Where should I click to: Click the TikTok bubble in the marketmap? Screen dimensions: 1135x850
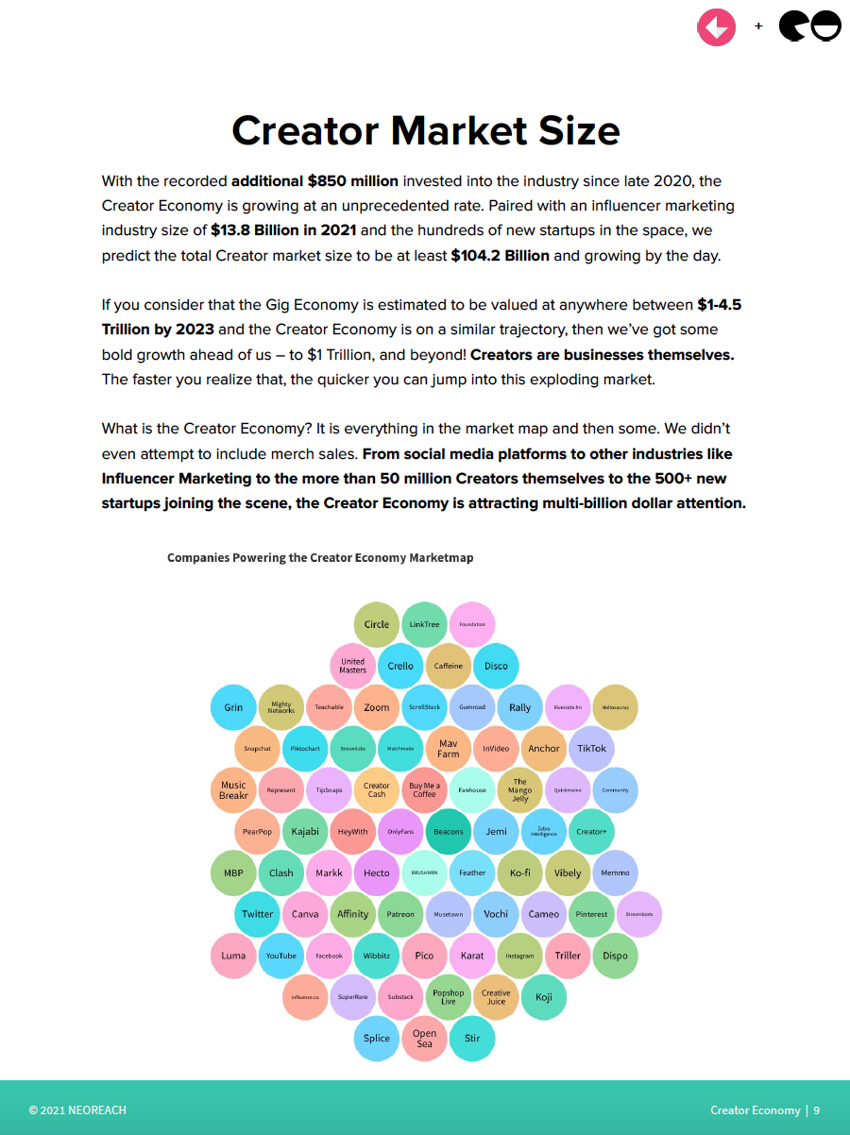pyautogui.click(x=592, y=749)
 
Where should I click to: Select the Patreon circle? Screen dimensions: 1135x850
pyautogui.click(x=400, y=914)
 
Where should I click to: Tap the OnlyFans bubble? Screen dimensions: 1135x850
pyautogui.click(x=400, y=832)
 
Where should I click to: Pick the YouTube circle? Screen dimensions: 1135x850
pyautogui.click(x=280, y=956)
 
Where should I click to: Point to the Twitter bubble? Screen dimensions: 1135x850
pyautogui.click(x=257, y=914)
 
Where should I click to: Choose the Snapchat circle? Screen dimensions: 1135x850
pyautogui.click(x=257, y=749)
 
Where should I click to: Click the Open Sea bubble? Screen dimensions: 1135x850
pyautogui.click(x=425, y=1039)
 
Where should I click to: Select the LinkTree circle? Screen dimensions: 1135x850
pyautogui.click(x=425, y=624)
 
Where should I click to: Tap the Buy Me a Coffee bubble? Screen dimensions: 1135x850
pyautogui.click(x=425, y=790)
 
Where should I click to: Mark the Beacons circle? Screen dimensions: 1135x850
pyautogui.click(x=449, y=832)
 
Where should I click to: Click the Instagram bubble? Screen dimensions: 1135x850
pyautogui.click(x=519, y=956)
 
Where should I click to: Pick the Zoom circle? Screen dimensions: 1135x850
pyautogui.click(x=377, y=707)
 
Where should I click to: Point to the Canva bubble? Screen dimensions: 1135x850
pyautogui.click(x=305, y=914)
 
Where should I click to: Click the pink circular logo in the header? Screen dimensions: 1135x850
pyautogui.click(x=716, y=26)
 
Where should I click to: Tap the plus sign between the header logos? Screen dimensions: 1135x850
pyautogui.click(x=758, y=26)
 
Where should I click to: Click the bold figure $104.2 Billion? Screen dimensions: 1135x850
pyautogui.click(x=500, y=255)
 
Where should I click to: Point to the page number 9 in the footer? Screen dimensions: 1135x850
pyautogui.click(x=817, y=1110)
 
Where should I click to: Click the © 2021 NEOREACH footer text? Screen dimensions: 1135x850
pyautogui.click(x=77, y=1110)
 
